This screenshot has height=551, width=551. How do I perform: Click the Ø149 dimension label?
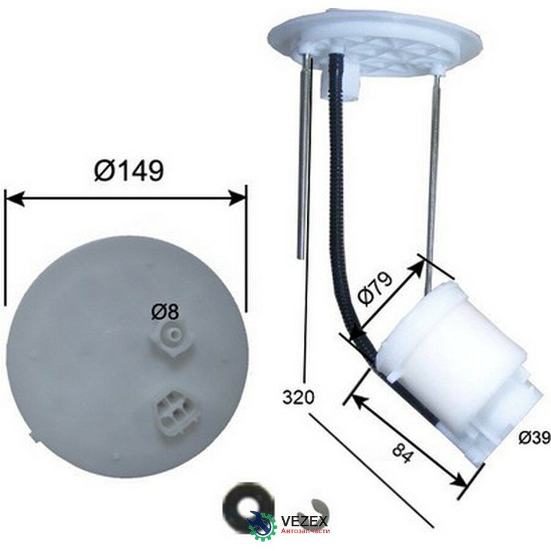click(x=129, y=171)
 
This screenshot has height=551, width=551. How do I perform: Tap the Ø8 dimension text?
click(x=165, y=312)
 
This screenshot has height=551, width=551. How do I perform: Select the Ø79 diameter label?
click(x=375, y=288)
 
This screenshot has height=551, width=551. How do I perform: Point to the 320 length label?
click(x=298, y=397)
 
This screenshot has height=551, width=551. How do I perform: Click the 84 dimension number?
click(x=402, y=452)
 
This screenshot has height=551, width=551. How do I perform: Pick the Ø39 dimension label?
click(x=534, y=438)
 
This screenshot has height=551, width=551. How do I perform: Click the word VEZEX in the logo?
click(x=305, y=520)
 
